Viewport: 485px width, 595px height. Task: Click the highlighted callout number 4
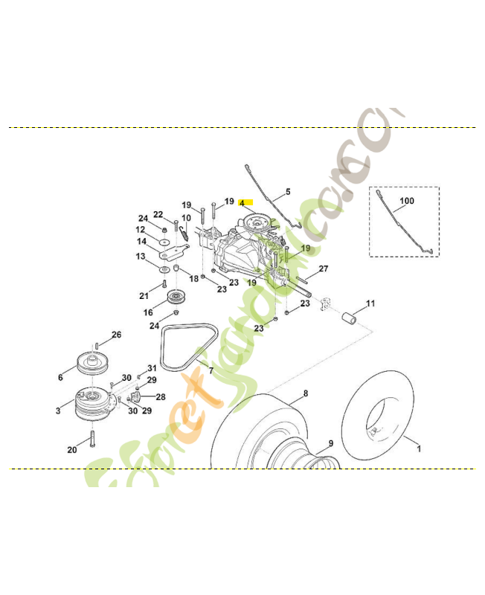tap(242, 202)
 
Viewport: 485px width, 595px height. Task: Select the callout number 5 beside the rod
tap(288, 191)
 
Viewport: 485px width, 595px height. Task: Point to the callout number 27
tap(324, 268)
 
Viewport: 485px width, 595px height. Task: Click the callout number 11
tap(370, 303)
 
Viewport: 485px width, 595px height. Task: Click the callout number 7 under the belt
tap(211, 370)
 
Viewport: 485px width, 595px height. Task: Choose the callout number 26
tap(116, 335)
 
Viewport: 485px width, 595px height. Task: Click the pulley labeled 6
tap(92, 365)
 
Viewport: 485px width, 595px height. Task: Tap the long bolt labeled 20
tap(92, 439)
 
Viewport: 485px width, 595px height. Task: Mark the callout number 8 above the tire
tap(306, 392)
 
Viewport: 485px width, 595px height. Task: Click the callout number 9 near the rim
tap(331, 444)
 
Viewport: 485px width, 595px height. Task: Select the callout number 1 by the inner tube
tap(418, 448)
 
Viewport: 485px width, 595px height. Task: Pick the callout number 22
tap(158, 214)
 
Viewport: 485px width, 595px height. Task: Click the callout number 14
tap(141, 241)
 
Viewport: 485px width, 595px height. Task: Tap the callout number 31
tap(152, 368)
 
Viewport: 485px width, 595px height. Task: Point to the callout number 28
tap(161, 397)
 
